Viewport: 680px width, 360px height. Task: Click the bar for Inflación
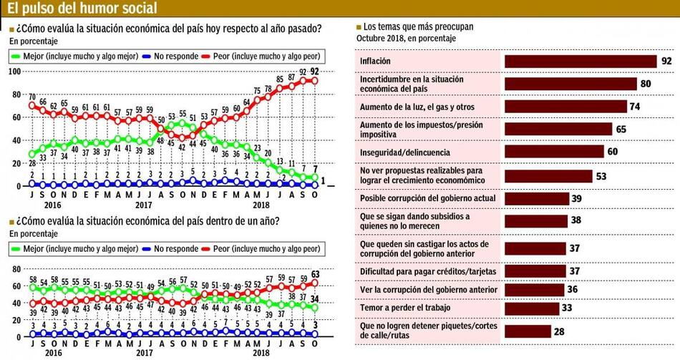click(x=580, y=62)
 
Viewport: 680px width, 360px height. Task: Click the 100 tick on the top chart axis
click(x=15, y=72)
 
